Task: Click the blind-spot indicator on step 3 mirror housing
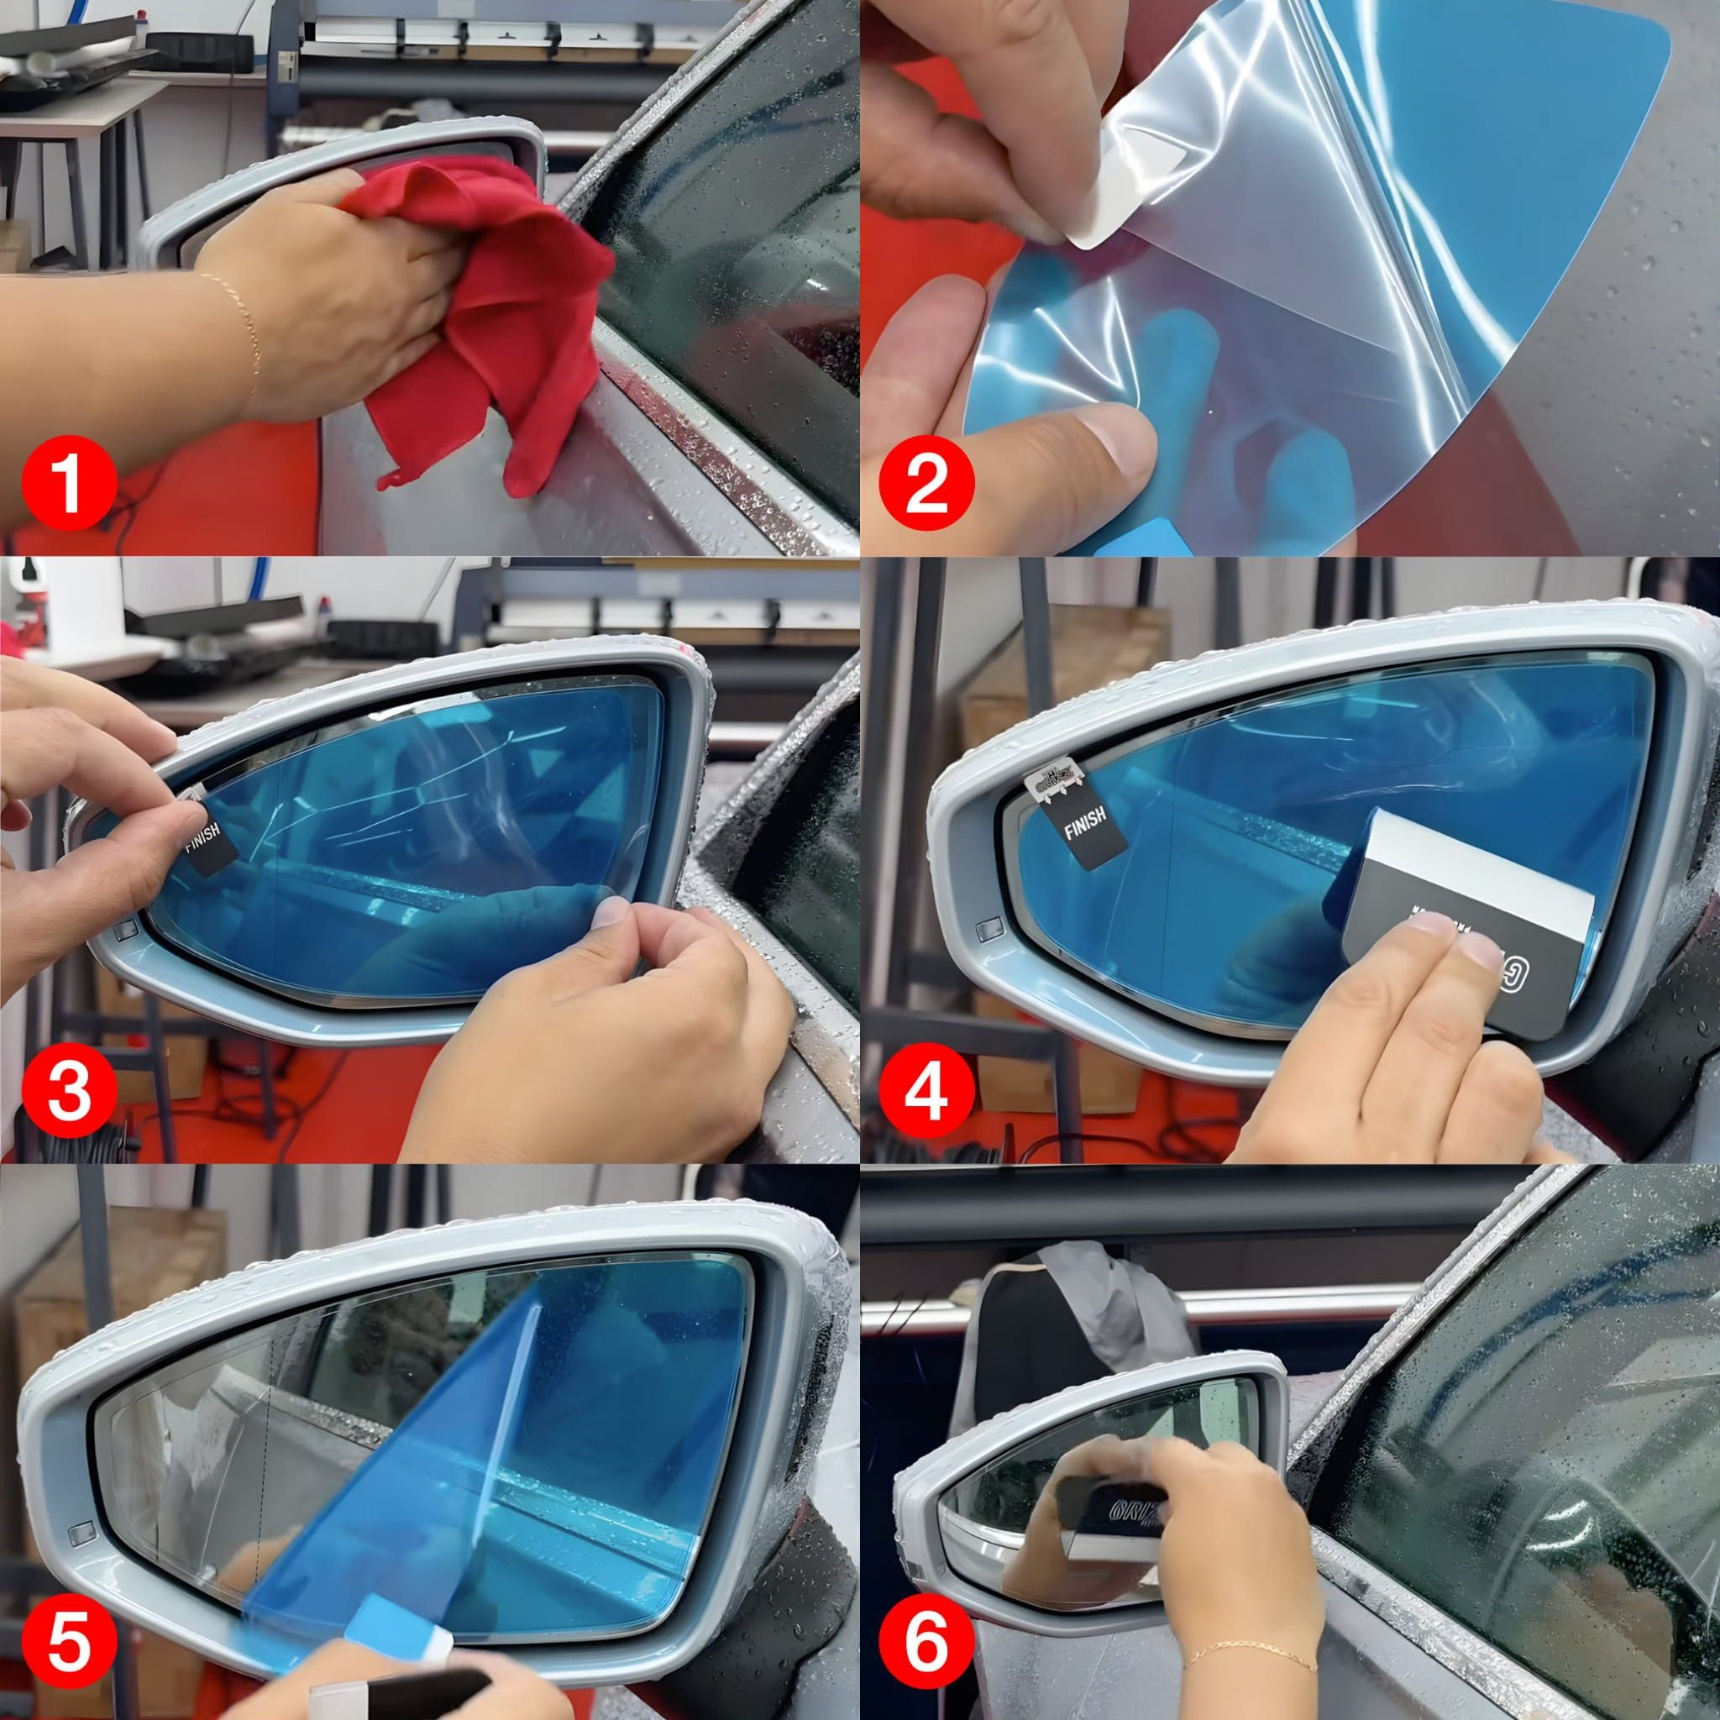click(x=124, y=931)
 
